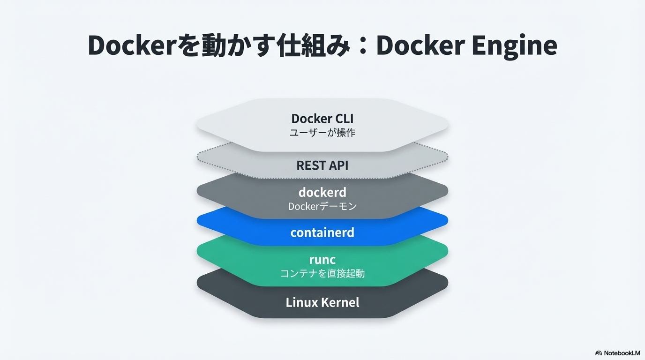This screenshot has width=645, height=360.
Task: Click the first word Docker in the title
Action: click(131, 45)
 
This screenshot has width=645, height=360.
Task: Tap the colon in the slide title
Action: click(363, 46)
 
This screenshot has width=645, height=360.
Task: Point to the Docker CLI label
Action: click(322, 119)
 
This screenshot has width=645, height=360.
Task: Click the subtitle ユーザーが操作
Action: click(322, 133)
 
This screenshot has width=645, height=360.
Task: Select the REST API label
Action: click(322, 165)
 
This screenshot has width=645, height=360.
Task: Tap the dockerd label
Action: click(322, 192)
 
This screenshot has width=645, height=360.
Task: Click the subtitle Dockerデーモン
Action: click(322, 206)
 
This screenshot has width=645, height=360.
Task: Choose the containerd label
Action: click(322, 232)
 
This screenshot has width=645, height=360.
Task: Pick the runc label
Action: click(322, 260)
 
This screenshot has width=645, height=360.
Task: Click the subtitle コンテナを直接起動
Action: click(322, 273)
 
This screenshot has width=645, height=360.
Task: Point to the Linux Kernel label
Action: click(322, 302)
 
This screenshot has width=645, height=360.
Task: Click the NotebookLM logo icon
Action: click(599, 353)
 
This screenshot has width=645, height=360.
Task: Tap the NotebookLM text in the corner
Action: click(622, 353)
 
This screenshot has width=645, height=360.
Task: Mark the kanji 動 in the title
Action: click(214, 45)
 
